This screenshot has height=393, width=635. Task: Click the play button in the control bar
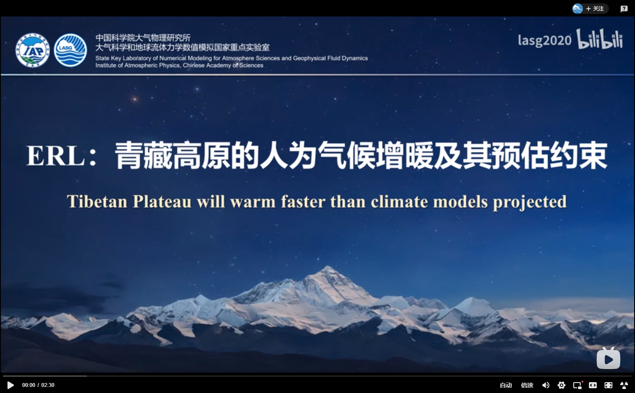pyautogui.click(x=10, y=385)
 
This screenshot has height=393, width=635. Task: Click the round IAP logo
pyautogui.click(x=33, y=50)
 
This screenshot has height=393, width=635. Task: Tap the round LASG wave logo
pyautogui.click(x=70, y=50)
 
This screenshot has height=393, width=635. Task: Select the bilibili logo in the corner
pyautogui.click(x=600, y=39)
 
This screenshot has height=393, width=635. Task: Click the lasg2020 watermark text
pyautogui.click(x=545, y=40)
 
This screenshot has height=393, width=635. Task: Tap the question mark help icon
pyautogui.click(x=624, y=9)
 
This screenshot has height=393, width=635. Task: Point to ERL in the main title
pyautogui.click(x=56, y=156)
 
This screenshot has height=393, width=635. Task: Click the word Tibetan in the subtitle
pyautogui.click(x=97, y=201)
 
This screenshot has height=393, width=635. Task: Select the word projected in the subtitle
pyautogui.click(x=529, y=203)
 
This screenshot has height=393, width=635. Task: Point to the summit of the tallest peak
pyautogui.click(x=328, y=266)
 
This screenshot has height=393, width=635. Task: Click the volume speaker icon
pyautogui.click(x=546, y=385)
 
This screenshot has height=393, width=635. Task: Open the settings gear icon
pyautogui.click(x=561, y=385)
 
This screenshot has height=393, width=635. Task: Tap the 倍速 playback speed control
pyautogui.click(x=527, y=385)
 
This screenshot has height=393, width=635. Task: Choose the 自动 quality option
pyautogui.click(x=506, y=385)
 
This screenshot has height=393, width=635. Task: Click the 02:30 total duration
pyautogui.click(x=48, y=385)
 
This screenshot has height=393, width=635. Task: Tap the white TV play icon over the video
pyautogui.click(x=608, y=358)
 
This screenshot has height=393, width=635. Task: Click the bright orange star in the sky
pyautogui.click(x=135, y=99)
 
